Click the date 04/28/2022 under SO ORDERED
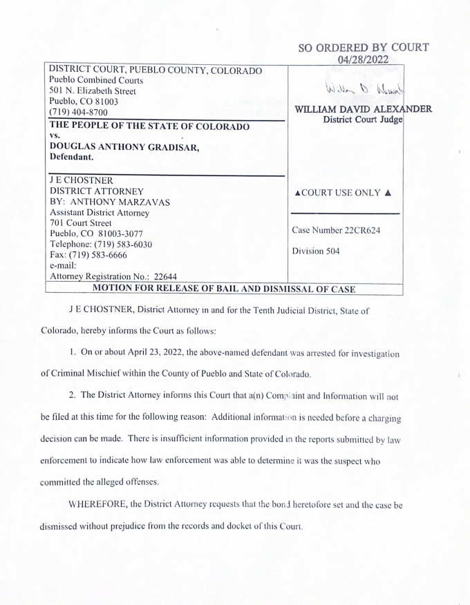(x=364, y=61)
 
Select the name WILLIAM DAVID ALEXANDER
(x=363, y=110)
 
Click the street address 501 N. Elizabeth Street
(x=93, y=91)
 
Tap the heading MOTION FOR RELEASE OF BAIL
(x=200, y=288)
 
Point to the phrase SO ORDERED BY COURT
(x=364, y=48)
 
